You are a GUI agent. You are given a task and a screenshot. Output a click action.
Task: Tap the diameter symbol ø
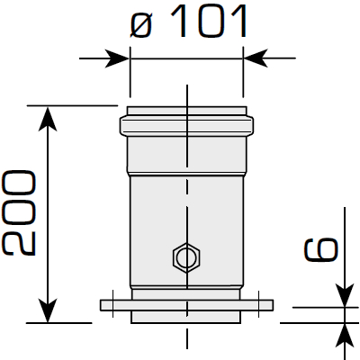pyautogui.click(x=141, y=24)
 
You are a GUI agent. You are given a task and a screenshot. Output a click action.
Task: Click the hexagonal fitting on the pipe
pyautogui.click(x=186, y=259)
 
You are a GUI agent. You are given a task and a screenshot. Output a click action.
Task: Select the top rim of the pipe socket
pyautogui.click(x=186, y=112)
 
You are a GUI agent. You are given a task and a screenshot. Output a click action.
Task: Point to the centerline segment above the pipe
pyautogui.click(x=186, y=95)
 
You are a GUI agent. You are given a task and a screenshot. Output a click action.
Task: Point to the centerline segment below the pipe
pyautogui.click(x=186, y=337)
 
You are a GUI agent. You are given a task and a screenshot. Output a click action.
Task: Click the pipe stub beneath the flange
pyautogui.click(x=186, y=317)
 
